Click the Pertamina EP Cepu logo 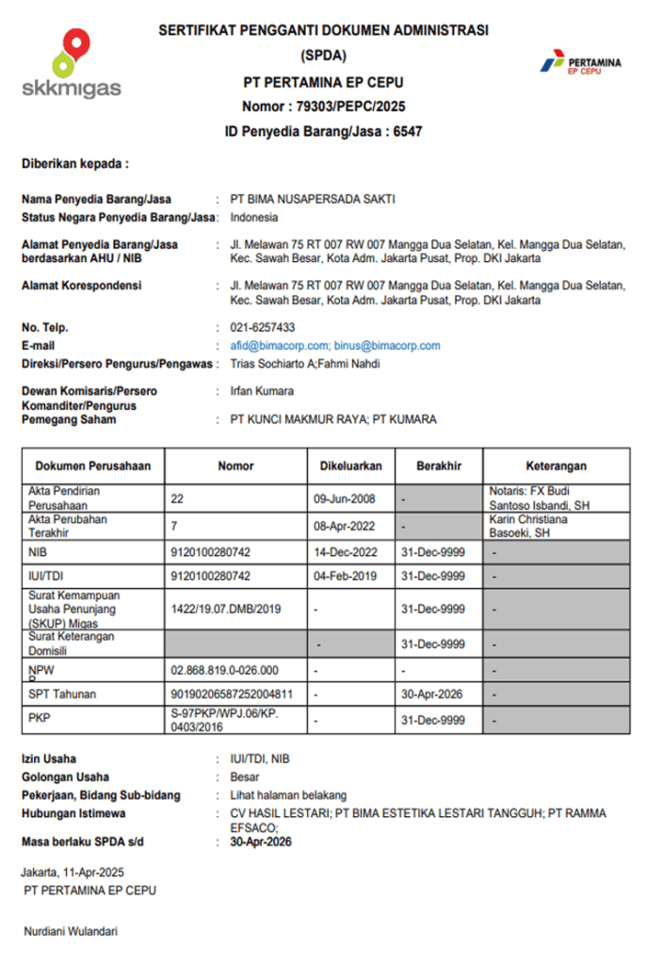pyautogui.click(x=580, y=62)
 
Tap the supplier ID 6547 pyautogui.click(x=408, y=132)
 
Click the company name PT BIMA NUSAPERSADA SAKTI pyautogui.click(x=314, y=199)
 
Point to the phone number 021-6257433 pyautogui.click(x=263, y=328)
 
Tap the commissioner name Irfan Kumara pyautogui.click(x=262, y=390)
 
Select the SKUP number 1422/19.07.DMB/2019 pyautogui.click(x=226, y=610)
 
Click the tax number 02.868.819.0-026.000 pyautogui.click(x=225, y=670)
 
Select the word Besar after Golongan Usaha pyautogui.click(x=244, y=777)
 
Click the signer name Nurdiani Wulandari pyautogui.click(x=71, y=931)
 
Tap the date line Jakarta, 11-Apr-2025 pyautogui.click(x=73, y=872)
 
